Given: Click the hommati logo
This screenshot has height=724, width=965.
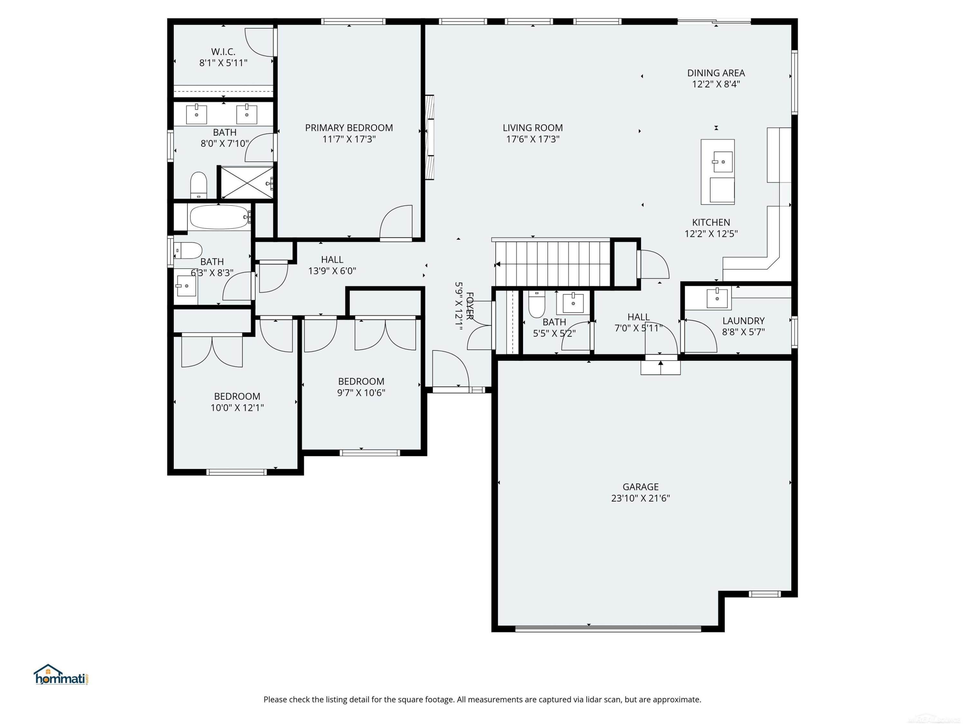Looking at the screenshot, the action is (x=61, y=675).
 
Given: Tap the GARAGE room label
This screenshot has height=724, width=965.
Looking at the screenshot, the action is (x=640, y=487).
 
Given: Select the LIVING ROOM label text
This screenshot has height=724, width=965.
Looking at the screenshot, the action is (x=533, y=128).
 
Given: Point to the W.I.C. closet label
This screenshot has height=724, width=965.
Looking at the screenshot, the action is (x=223, y=52).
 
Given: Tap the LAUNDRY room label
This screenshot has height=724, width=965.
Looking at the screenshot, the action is (x=743, y=321).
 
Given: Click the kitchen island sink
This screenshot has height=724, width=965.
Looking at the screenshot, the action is (x=723, y=162).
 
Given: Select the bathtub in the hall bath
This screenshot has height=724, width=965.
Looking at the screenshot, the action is (x=220, y=217).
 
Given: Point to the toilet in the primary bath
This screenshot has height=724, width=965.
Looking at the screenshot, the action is (x=198, y=185).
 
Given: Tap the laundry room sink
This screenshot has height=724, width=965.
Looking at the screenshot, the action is (x=717, y=298).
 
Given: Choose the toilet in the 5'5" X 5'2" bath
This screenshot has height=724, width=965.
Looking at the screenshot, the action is (x=537, y=304).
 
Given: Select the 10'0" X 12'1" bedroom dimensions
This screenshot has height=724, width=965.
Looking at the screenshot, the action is (x=237, y=408).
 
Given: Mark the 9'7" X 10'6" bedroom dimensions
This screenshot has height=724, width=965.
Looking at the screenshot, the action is (x=361, y=392).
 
